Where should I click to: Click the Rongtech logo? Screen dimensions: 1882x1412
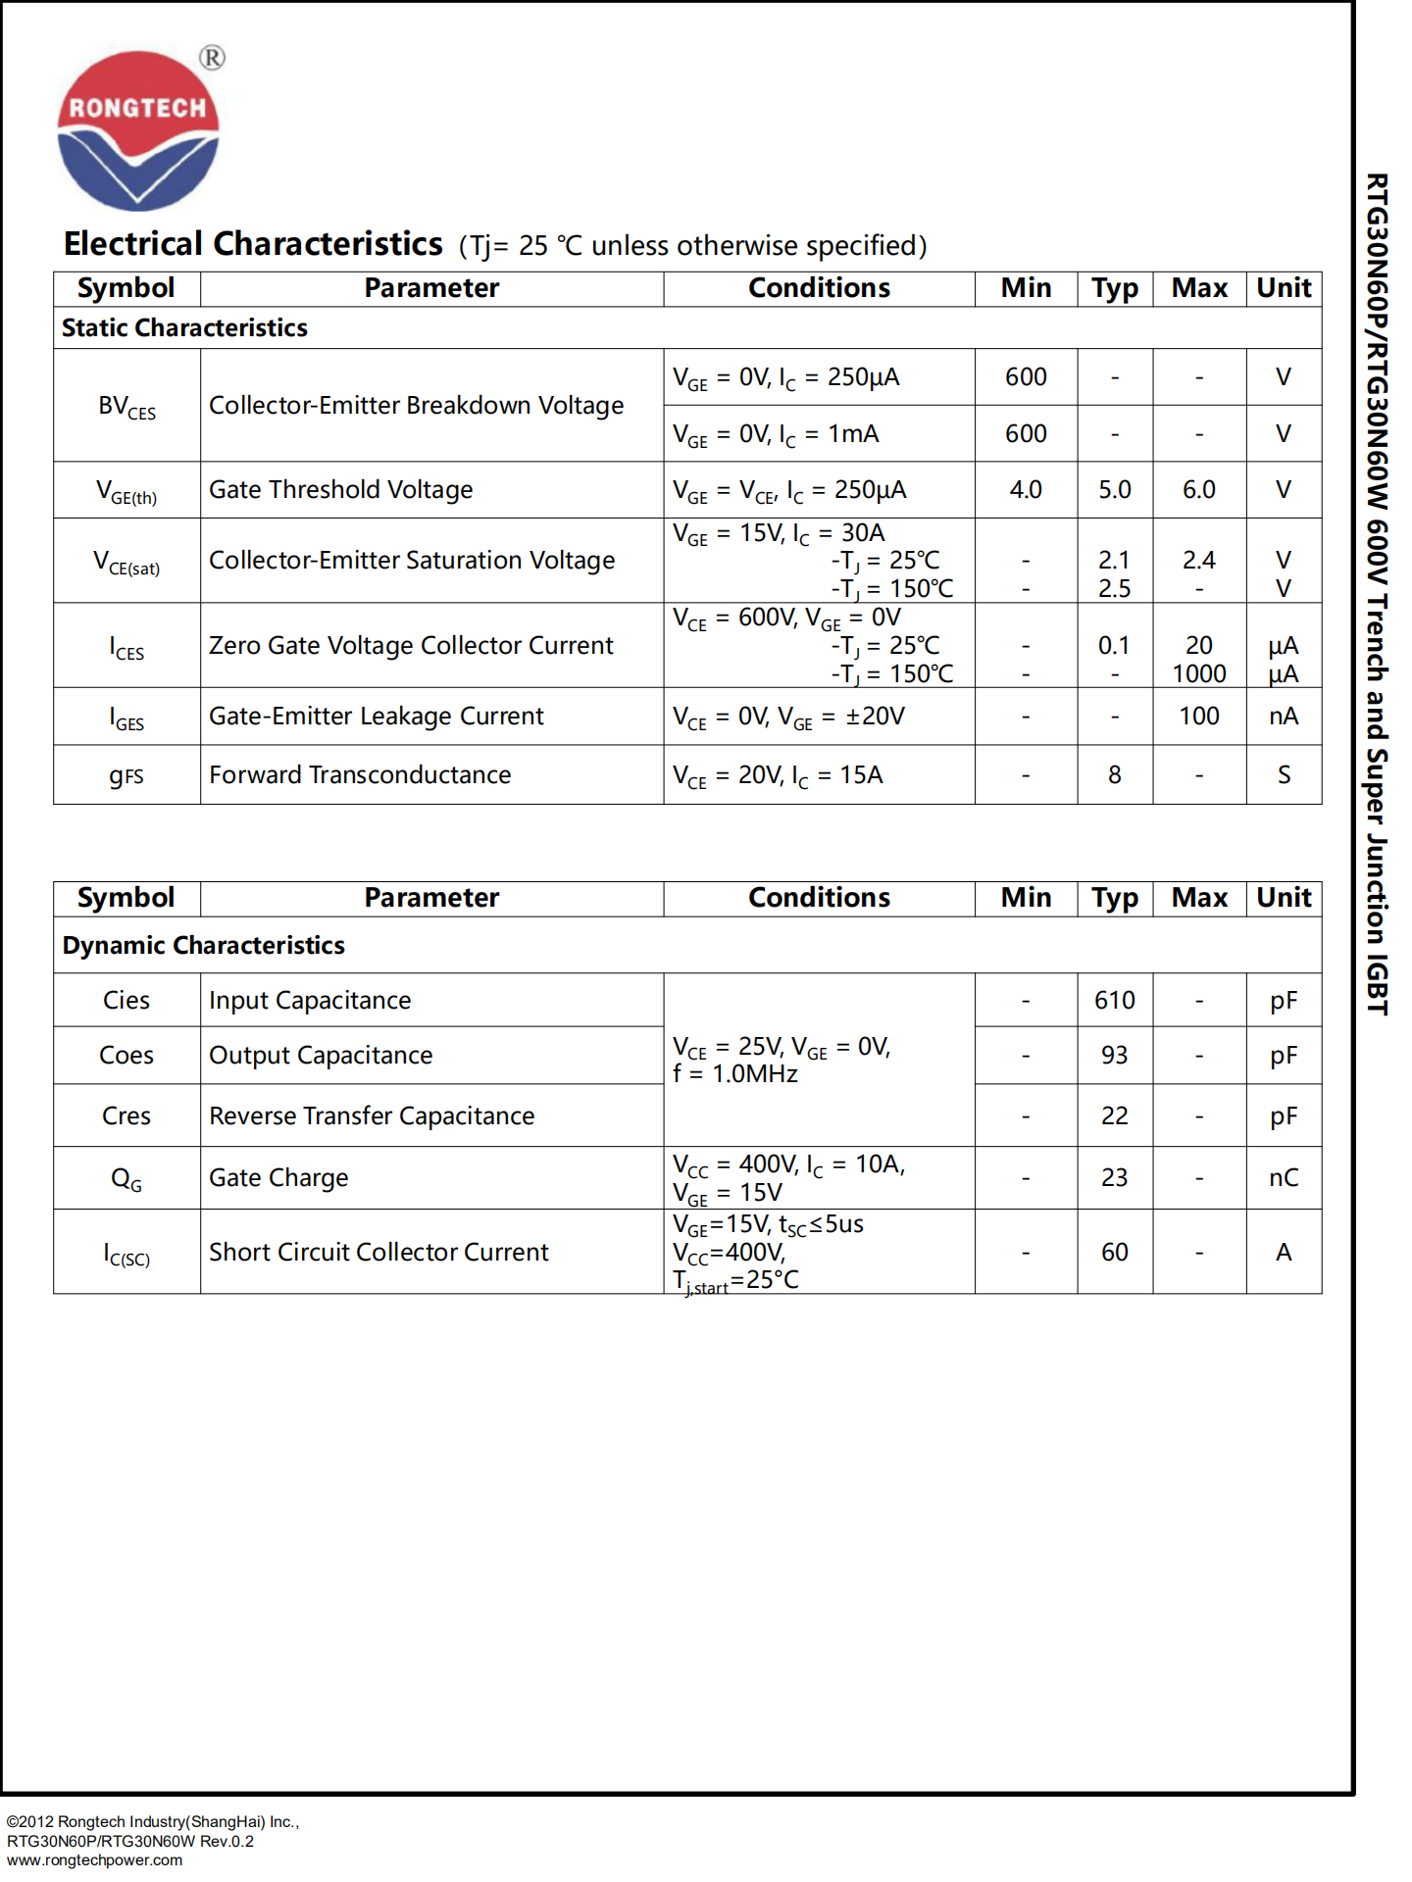click(138, 130)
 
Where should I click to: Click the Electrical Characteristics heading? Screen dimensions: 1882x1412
click(253, 244)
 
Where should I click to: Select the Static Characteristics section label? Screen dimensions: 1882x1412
click(184, 328)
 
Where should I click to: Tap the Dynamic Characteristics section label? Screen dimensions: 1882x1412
click(203, 946)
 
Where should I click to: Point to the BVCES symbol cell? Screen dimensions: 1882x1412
click(126, 407)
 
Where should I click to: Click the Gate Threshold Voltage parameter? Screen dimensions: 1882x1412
click(340, 490)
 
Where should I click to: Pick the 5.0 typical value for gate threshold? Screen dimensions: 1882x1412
click(1114, 490)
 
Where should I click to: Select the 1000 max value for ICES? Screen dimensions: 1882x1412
click(1198, 674)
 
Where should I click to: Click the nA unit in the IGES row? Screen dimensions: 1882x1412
click(1283, 717)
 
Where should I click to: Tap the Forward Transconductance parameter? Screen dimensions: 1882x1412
click(360, 775)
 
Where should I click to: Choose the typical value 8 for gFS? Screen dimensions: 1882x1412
click(1114, 775)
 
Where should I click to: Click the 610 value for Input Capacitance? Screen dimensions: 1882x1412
click(1114, 1001)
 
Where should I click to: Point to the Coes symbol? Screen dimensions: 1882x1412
click(126, 1056)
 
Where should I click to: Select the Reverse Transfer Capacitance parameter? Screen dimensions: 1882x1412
click(372, 1116)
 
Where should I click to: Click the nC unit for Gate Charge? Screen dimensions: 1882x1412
click(1283, 1178)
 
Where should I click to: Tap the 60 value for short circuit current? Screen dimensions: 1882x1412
click(1114, 1253)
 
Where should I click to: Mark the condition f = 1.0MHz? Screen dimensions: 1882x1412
click(735, 1075)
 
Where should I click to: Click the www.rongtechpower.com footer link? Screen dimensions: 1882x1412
click(94, 1860)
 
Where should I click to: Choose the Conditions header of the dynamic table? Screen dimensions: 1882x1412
click(819, 898)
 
